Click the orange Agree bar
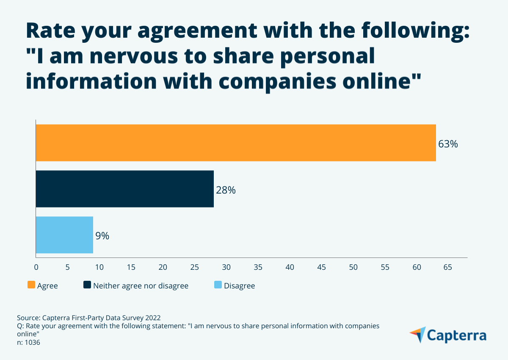236,143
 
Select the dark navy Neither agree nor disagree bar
124,189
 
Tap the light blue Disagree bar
64,235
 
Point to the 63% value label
448,144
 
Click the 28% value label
226,190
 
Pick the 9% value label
102,236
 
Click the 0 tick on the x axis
36,267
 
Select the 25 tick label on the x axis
194,267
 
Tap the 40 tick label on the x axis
290,267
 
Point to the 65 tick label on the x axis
447,267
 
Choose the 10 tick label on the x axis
99,267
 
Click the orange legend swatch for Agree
31,285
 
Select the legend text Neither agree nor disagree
141,286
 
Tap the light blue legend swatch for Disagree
218,285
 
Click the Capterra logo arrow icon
417,335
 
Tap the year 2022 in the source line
152,318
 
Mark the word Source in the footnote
28,318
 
